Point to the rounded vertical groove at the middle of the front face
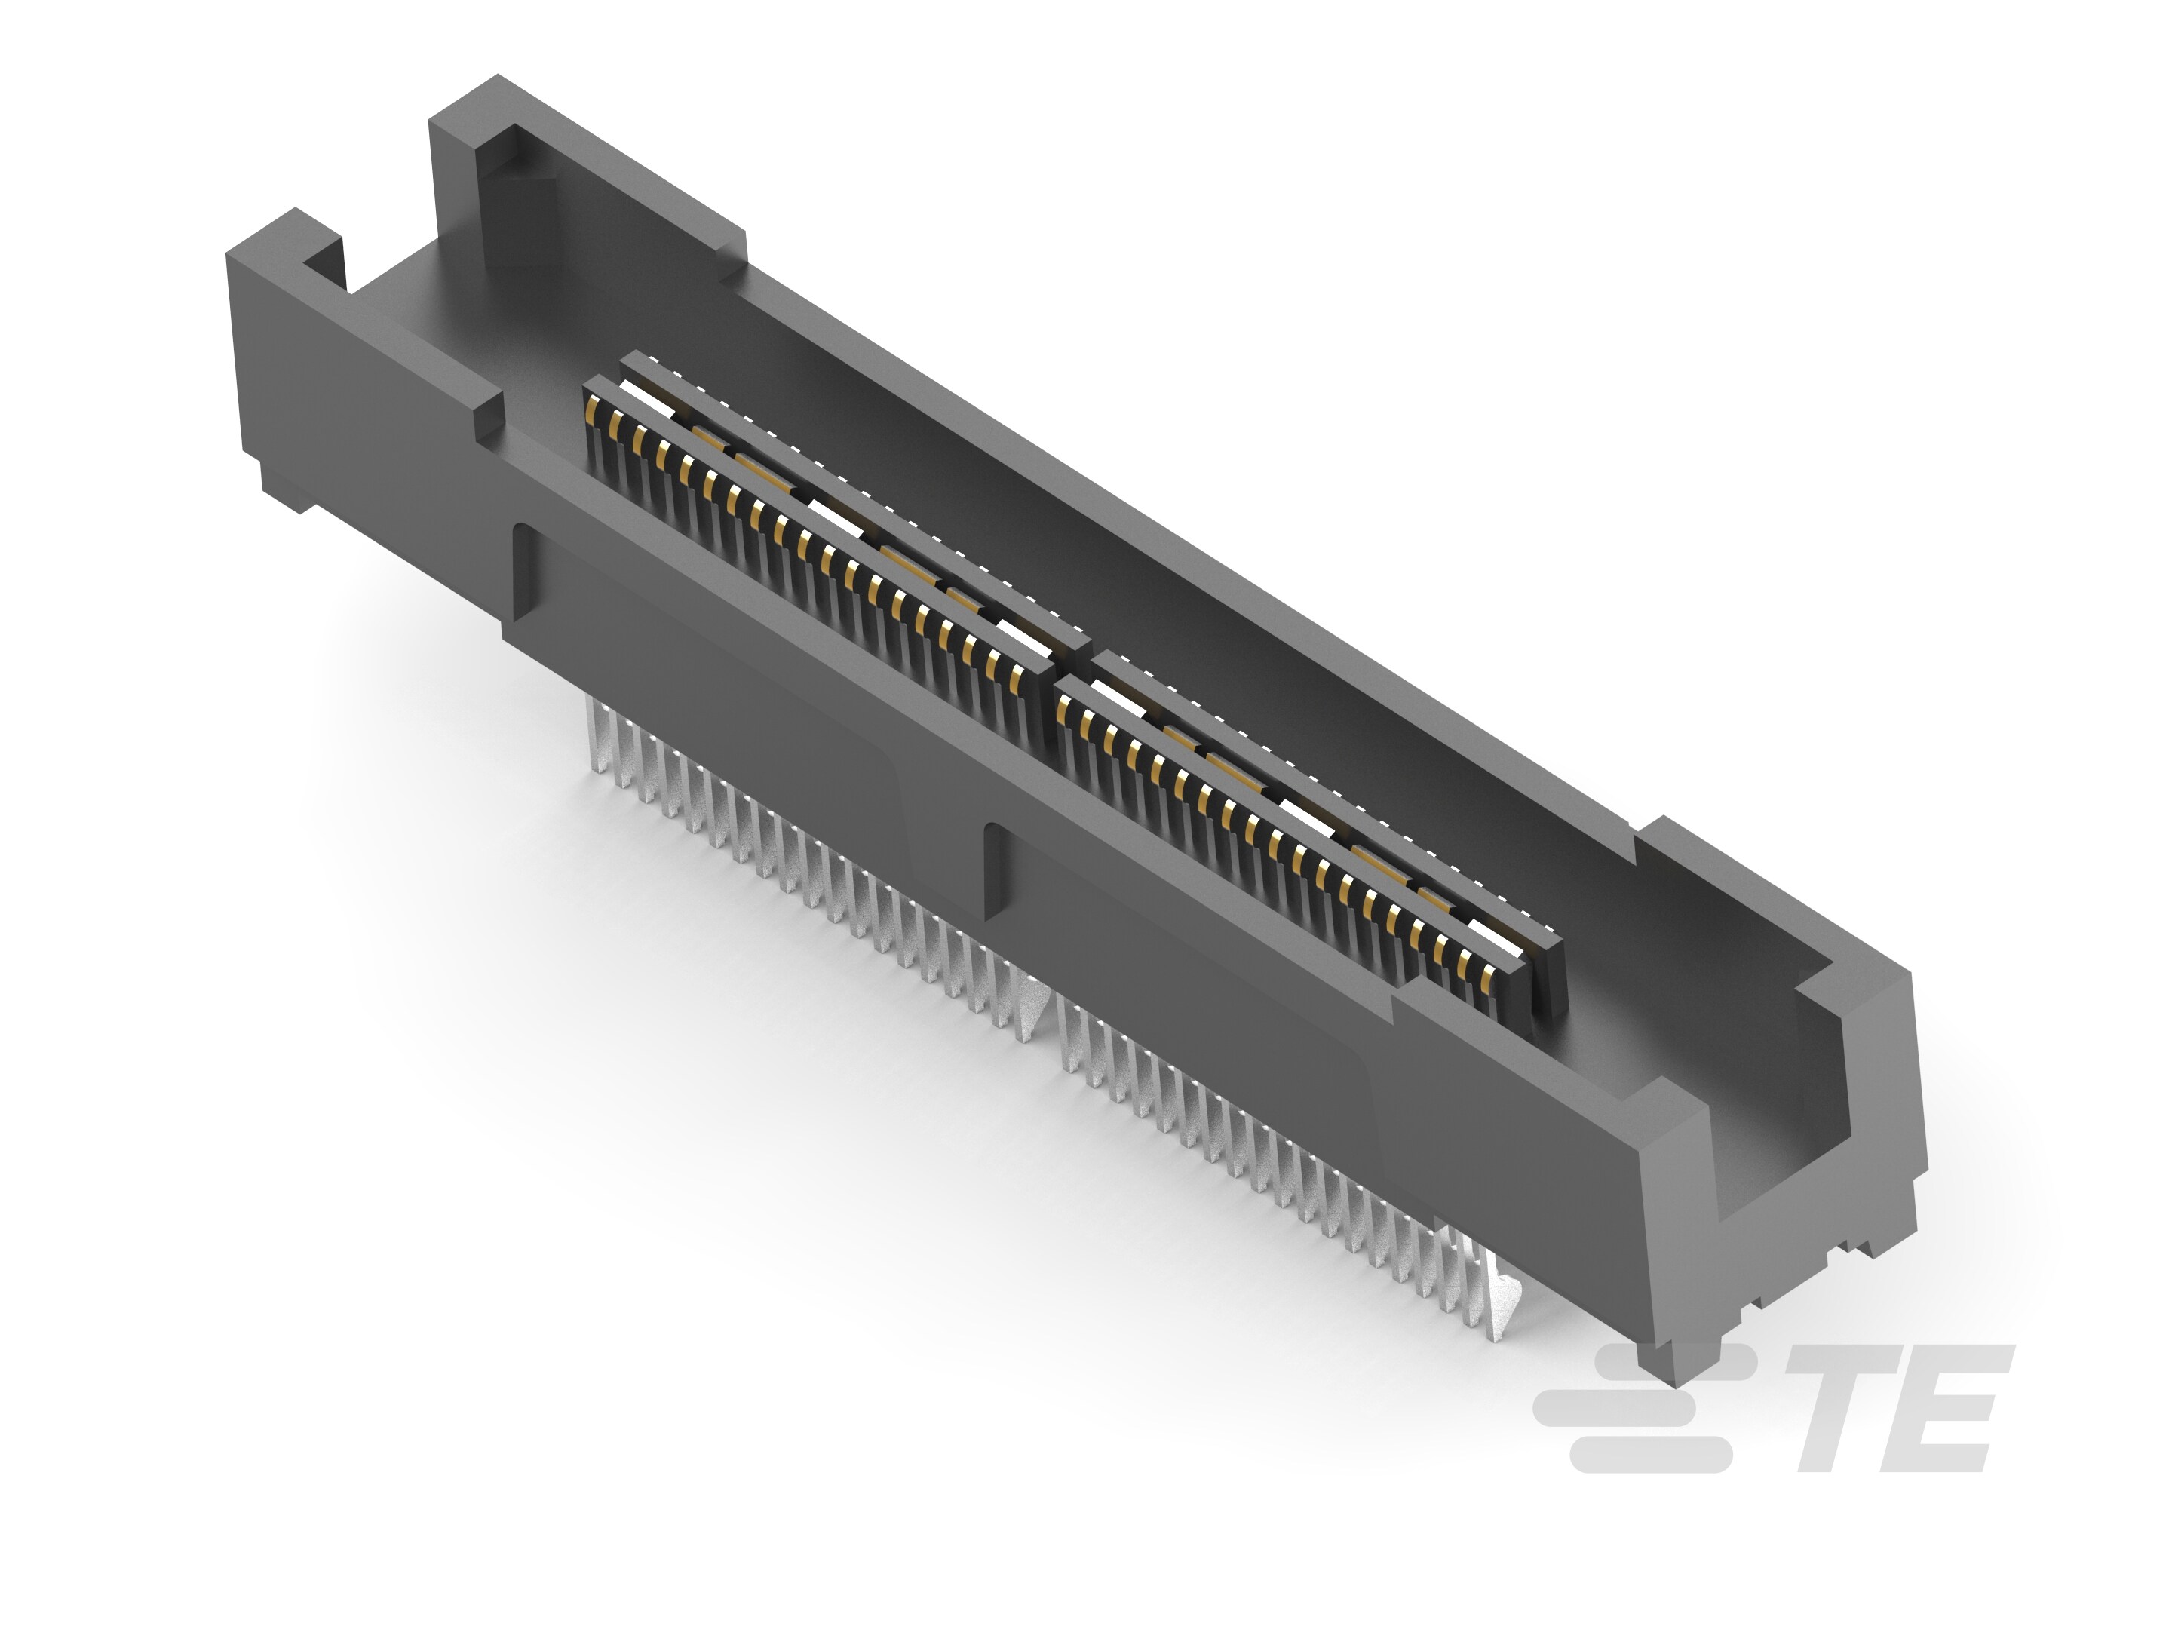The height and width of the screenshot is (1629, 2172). pyautogui.click(x=994, y=854)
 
